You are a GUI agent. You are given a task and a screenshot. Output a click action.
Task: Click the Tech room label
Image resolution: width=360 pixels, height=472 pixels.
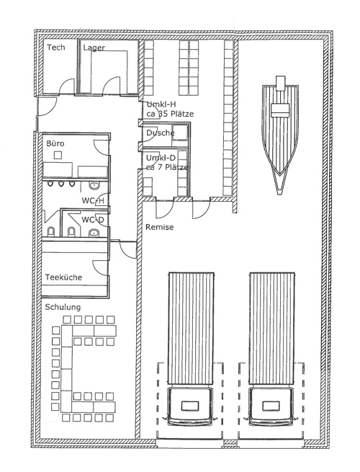56,48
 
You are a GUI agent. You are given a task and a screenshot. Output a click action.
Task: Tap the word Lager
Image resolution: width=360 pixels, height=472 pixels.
94,48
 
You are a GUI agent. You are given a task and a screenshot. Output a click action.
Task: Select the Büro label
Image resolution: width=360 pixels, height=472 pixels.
55,143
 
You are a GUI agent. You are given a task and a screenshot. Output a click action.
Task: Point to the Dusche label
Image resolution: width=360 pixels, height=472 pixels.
161,133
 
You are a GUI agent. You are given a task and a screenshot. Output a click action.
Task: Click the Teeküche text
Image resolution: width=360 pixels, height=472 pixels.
63,277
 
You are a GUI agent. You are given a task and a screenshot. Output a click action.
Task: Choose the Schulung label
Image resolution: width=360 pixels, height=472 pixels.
63,308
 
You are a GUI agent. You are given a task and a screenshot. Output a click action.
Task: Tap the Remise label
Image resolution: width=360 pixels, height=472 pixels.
159,227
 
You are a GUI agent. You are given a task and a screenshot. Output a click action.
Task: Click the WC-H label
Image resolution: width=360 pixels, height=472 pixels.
93,200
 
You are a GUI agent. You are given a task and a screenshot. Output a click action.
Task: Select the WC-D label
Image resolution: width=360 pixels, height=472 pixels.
93,220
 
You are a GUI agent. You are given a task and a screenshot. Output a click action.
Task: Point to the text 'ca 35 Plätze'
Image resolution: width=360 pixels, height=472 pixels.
170,114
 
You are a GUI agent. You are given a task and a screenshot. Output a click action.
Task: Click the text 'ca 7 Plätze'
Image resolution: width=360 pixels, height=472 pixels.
167,167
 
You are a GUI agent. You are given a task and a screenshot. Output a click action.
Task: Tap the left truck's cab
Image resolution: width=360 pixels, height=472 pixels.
190,406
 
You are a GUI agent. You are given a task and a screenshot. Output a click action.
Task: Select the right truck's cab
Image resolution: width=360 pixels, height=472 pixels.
271,406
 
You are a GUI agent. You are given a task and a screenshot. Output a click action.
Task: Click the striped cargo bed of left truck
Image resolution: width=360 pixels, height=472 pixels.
191,328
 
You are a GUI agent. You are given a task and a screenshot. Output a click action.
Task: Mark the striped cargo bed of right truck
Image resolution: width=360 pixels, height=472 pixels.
272,328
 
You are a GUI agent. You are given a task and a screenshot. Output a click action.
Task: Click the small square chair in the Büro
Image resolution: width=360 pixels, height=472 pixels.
58,155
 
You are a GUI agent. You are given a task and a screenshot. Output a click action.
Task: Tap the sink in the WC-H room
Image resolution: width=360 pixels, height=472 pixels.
94,186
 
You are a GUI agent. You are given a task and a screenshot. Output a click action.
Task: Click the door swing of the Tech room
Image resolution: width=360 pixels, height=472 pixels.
67,85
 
